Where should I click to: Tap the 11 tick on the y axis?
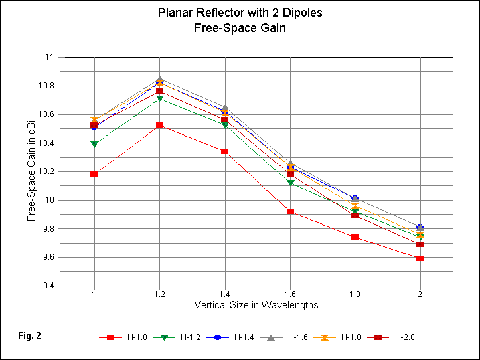[50, 58]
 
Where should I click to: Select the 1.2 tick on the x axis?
[159, 294]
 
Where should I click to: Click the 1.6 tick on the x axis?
[290, 294]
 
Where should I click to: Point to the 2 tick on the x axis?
[420, 294]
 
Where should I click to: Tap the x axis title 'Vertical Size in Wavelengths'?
[256, 305]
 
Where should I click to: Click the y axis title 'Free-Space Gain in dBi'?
[31, 171]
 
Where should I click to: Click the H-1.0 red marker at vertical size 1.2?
[159, 126]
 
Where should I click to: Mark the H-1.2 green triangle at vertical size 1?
[94, 145]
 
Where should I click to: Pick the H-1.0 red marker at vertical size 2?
[420, 258]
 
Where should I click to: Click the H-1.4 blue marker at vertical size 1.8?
[355, 199]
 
